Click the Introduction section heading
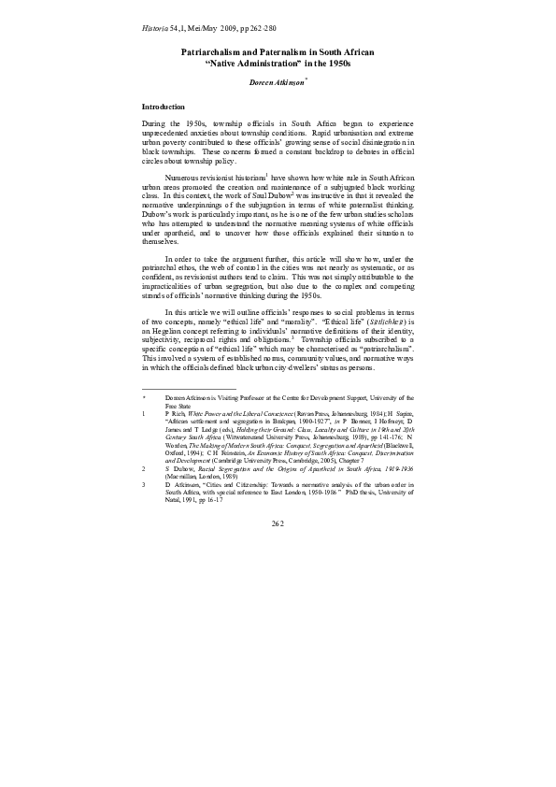tap(163, 107)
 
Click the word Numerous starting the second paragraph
tap(181, 176)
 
